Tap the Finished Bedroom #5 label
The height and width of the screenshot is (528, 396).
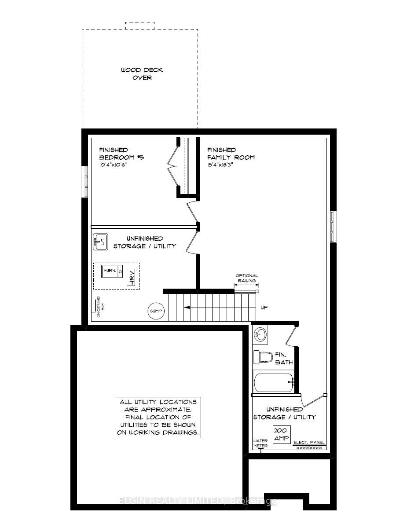pos(115,154)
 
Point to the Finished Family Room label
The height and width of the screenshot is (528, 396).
pos(231,154)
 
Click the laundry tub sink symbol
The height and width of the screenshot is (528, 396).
pos(100,242)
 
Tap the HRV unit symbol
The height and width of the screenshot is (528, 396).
pos(131,277)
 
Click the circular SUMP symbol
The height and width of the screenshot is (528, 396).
pos(155,311)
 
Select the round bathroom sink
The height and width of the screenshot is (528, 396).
pos(260,335)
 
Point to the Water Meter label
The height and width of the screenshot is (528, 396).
pos(260,443)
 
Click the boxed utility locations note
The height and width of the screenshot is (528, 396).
pos(158,417)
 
